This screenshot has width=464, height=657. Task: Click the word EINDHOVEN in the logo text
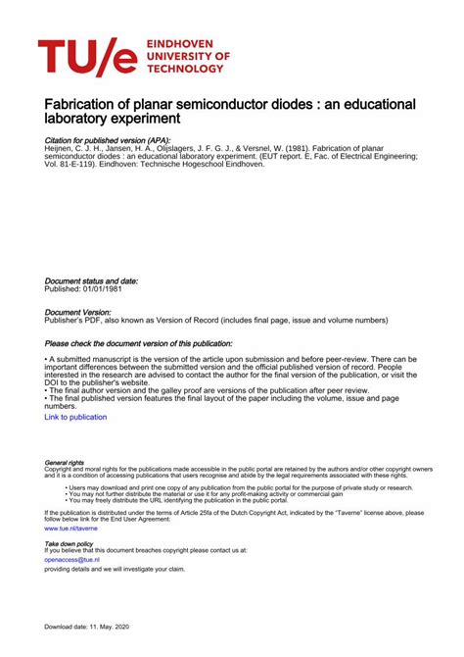182,45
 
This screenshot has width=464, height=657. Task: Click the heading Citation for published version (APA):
108,140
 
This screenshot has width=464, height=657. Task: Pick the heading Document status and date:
91,280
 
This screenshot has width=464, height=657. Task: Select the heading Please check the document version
139,344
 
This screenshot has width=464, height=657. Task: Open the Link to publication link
75,417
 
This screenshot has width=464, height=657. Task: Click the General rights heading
65,462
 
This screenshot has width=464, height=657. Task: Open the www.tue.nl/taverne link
71,528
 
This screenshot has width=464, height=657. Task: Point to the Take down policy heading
70,542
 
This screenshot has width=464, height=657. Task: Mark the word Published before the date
65,289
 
